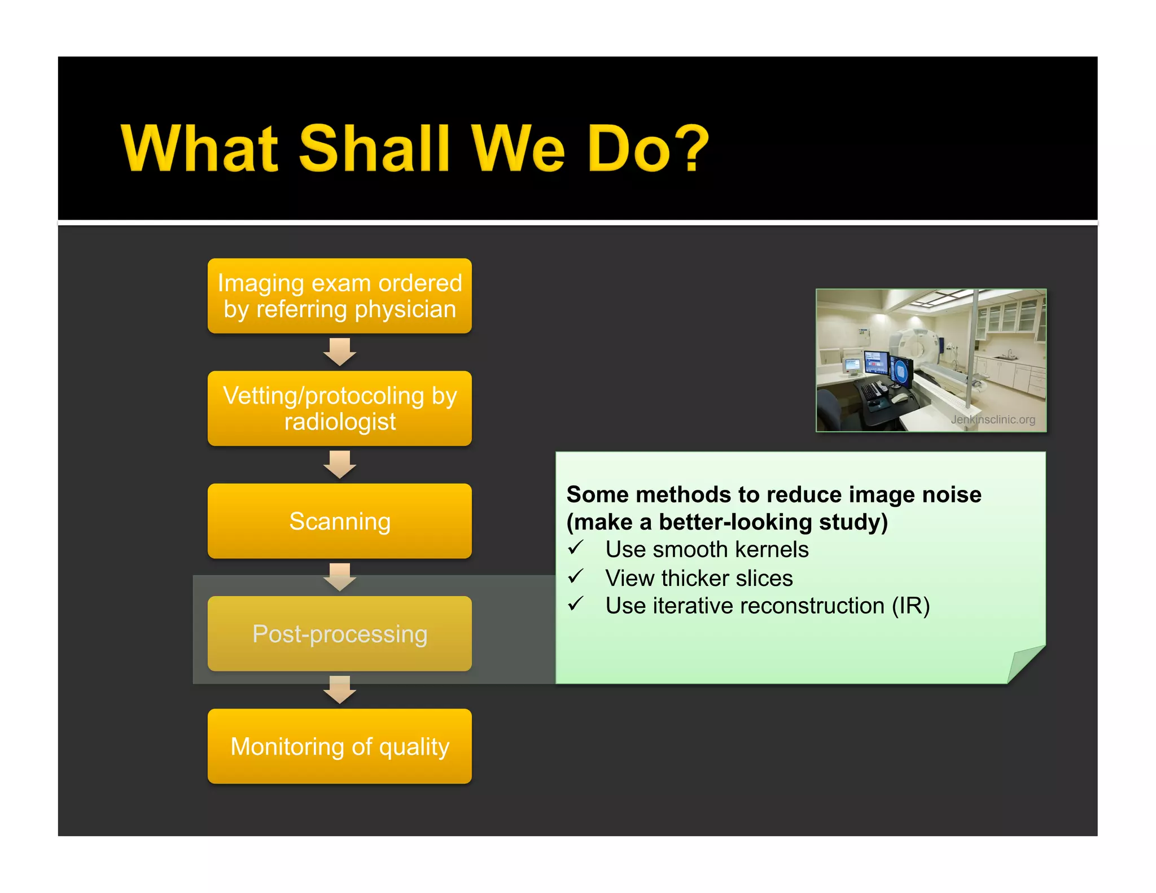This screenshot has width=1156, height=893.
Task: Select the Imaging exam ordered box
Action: [x=339, y=296]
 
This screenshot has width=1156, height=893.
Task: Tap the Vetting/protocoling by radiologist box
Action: [x=339, y=408]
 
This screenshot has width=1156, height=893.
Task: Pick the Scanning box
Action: [x=339, y=521]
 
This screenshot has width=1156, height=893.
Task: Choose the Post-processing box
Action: [x=339, y=633]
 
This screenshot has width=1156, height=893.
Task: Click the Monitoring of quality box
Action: [x=339, y=746]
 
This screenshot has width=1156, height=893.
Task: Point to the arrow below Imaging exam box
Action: [x=339, y=352]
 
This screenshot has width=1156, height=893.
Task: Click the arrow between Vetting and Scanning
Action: [x=339, y=465]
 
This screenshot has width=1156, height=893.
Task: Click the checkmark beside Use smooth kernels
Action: [x=575, y=548]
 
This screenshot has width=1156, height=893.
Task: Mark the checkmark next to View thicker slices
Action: [x=575, y=576]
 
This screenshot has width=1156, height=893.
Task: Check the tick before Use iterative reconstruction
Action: [x=575, y=604]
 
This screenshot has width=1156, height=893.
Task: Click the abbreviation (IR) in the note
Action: [x=910, y=606]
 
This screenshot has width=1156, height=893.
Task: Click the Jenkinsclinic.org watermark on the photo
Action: [x=992, y=419]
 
